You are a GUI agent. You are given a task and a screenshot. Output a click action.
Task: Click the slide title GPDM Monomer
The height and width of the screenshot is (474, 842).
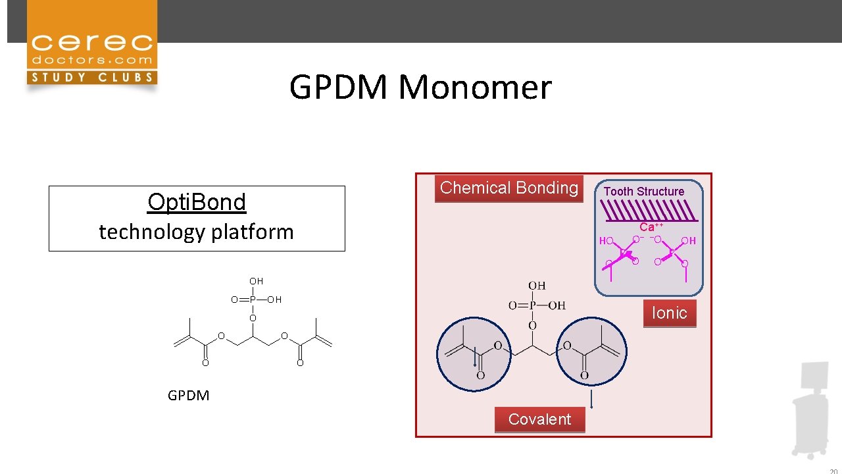point(420,87)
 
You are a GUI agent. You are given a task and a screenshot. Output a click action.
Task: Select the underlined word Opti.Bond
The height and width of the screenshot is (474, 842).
point(197,202)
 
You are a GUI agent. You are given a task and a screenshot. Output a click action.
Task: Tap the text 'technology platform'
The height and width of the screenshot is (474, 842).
point(196,232)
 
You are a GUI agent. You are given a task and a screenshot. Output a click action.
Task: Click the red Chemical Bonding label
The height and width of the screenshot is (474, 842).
point(508,188)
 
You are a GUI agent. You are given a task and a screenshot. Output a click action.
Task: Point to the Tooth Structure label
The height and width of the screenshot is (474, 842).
point(644,192)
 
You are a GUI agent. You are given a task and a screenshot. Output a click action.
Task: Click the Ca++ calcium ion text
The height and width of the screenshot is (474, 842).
point(651,226)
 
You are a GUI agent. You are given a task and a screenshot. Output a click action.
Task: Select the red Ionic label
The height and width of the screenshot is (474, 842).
point(669,313)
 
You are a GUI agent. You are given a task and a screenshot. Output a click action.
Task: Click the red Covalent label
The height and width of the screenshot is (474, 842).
point(539,419)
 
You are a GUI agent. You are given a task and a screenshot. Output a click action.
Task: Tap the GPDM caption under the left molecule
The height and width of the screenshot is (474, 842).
point(188,395)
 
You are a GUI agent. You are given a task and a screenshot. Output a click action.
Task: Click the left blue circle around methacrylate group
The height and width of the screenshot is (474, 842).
point(474,353)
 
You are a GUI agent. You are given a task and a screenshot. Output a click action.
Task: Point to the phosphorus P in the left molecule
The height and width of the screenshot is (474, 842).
point(253,300)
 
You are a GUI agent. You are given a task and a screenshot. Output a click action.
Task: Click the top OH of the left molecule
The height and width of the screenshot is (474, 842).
point(256,281)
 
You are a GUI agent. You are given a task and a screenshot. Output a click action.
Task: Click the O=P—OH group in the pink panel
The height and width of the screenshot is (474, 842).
point(537,305)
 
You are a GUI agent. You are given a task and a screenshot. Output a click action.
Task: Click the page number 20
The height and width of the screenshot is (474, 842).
point(833,470)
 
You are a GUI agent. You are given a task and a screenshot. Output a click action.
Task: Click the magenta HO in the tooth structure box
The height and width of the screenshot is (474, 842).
point(606,242)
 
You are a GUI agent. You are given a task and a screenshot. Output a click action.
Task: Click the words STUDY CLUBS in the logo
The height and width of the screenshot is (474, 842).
point(91,77)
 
